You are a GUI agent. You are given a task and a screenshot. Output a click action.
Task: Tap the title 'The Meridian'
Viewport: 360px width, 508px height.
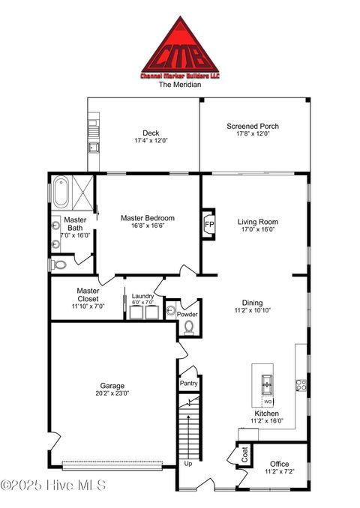[x=179, y=85]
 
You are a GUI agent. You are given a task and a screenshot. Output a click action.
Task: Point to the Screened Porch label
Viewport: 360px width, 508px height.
[x=253, y=127]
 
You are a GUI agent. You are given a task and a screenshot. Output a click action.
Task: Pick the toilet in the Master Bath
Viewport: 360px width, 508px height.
[x=59, y=264]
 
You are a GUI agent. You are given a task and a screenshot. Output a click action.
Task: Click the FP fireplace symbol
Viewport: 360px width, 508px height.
[x=208, y=223]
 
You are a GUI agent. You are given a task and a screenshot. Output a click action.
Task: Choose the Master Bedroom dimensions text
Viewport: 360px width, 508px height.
[x=148, y=226]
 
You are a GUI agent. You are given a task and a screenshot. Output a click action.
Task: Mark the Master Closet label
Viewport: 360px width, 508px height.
[x=88, y=291]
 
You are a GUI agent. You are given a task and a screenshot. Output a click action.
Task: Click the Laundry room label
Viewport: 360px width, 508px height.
[x=142, y=296]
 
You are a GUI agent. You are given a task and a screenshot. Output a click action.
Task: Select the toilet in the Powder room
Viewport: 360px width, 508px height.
[x=188, y=327]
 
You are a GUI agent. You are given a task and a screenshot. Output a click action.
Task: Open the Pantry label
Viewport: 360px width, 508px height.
[x=188, y=383]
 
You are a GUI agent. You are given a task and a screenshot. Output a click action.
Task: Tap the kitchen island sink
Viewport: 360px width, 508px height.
[x=265, y=385]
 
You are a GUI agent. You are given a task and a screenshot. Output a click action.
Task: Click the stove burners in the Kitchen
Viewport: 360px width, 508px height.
[x=301, y=385]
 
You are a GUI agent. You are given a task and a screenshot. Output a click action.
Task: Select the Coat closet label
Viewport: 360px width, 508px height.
[x=244, y=453]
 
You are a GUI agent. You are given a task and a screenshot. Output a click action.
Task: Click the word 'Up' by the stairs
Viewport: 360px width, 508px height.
[x=188, y=463]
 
